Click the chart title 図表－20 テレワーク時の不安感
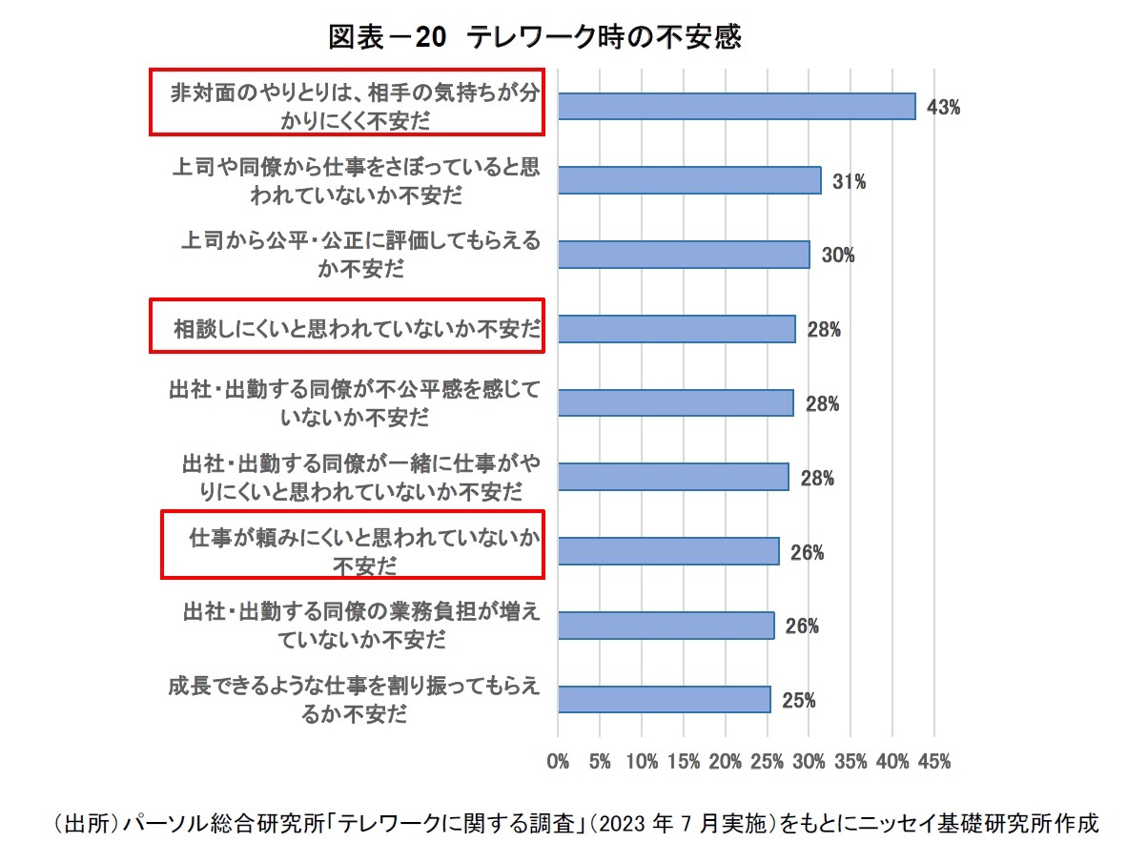535,37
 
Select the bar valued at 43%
736,106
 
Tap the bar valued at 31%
689,180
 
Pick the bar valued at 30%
684,255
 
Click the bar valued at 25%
664,699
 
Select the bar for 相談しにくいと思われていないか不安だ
676,329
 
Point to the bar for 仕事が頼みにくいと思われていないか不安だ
668,551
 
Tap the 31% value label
849,182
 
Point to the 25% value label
798,701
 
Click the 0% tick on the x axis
558,762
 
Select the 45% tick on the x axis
933,762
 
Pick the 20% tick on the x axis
726,762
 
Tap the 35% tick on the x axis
850,762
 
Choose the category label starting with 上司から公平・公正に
360,254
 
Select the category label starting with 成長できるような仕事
354,699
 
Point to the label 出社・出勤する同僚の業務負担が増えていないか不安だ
361,625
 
